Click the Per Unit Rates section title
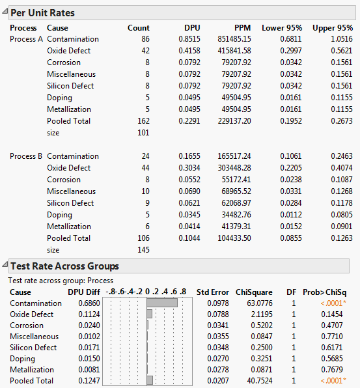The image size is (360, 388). (42, 13)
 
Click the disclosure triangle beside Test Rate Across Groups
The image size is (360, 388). (5, 266)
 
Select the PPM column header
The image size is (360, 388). (242, 28)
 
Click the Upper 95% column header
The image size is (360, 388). (333, 28)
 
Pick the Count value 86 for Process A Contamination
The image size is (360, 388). (143, 39)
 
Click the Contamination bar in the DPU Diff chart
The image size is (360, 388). (162, 303)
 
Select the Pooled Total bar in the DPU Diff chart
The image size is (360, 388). (150, 380)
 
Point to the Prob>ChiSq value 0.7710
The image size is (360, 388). (336, 337)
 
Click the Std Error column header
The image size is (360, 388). (212, 292)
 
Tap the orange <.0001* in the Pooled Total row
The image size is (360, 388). (335, 380)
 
